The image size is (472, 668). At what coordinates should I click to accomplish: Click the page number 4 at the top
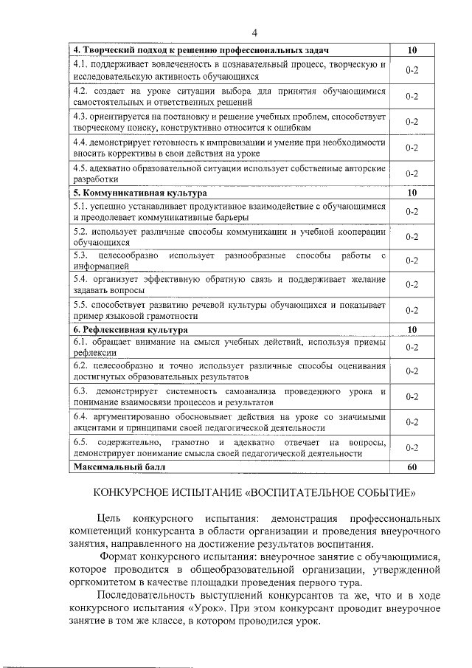254,32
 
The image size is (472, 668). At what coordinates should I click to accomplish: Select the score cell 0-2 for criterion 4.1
412,71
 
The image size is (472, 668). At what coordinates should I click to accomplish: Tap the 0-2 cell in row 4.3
412,122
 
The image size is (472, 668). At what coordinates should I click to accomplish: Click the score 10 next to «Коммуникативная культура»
412,193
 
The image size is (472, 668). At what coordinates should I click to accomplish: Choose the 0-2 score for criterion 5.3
412,261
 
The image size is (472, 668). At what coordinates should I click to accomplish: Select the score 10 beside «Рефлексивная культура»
412,329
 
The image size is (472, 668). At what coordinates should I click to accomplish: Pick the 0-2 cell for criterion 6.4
412,422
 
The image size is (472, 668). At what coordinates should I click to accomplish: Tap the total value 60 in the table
412,466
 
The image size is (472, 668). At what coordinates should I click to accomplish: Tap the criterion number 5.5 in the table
81,304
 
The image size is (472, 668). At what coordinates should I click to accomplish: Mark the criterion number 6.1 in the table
81,342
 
